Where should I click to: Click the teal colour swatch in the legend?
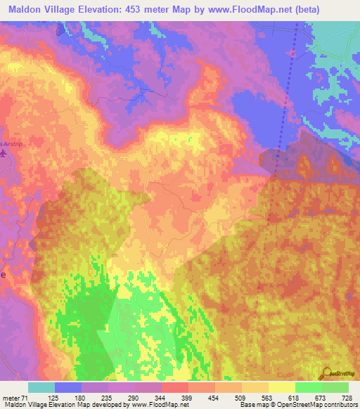[41, 387]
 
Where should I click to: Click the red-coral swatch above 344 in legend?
[174, 387]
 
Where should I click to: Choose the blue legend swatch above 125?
[68, 387]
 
